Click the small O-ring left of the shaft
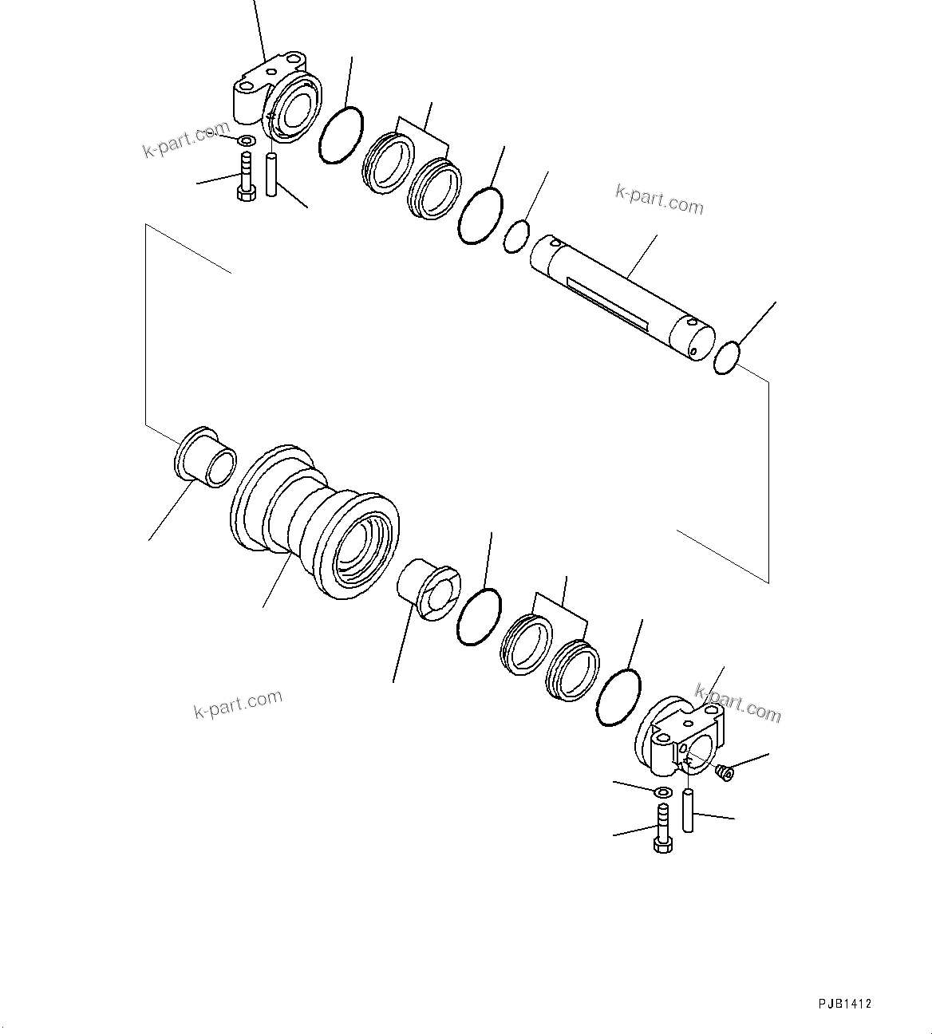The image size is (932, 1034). (516, 237)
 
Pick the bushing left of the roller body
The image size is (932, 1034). (204, 457)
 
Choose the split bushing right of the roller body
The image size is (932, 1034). (428, 589)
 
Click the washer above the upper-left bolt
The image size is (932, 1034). (247, 142)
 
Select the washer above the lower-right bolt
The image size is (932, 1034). (661, 792)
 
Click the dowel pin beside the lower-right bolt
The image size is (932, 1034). (687, 810)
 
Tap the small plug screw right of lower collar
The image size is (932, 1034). (725, 772)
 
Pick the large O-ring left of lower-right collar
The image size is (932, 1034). (618, 698)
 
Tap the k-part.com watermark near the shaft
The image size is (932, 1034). (659, 200)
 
